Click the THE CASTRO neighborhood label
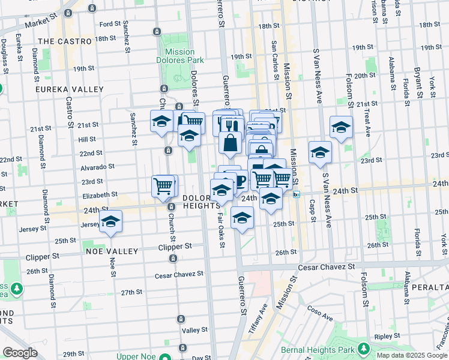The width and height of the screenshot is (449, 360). tap(65, 41)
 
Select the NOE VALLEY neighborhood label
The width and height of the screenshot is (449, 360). tap(97, 251)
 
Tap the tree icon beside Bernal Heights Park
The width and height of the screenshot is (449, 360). tap(363, 349)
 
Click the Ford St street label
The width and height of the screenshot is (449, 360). tap(110, 24)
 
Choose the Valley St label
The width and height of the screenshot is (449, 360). tap(194, 330)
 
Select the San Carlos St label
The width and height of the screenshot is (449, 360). tap(275, 60)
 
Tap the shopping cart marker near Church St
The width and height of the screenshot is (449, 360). tap(163, 186)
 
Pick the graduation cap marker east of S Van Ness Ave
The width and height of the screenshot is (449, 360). tap(341, 128)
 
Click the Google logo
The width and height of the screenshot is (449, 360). tap(20, 352)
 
